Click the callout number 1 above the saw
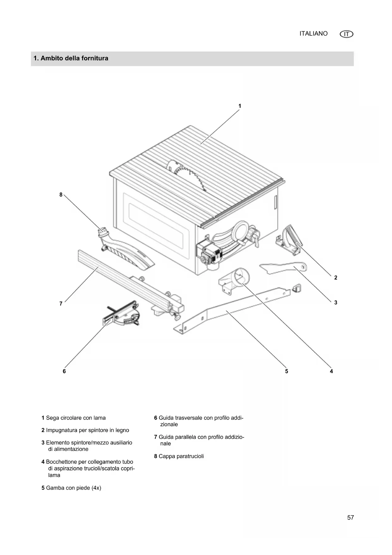click(x=240, y=106)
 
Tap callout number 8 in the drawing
click(x=61, y=195)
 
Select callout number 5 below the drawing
click(x=286, y=371)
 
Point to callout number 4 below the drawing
click(x=331, y=371)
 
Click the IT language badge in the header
click(x=347, y=34)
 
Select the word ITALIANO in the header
click(x=313, y=34)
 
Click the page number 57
click(x=350, y=518)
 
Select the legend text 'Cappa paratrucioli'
click(x=181, y=456)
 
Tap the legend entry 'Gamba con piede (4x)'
click(x=73, y=488)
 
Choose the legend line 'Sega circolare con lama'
click(x=75, y=418)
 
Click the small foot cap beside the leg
click(x=297, y=288)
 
